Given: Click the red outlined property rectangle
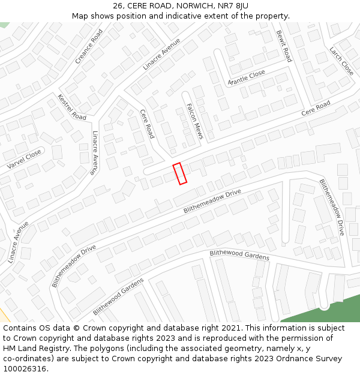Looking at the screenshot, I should pos(179,173).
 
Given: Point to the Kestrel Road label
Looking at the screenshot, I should pos(72,107).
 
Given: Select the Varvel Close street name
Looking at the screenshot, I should pos(24,159).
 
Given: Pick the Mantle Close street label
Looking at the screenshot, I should pos(246,77).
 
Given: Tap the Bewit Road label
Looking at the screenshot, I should pos(284,46).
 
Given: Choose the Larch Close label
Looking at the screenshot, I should pos(342,61).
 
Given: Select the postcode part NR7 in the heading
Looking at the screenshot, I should pos(227,6).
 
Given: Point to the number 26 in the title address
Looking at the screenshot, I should pos(118,6).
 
